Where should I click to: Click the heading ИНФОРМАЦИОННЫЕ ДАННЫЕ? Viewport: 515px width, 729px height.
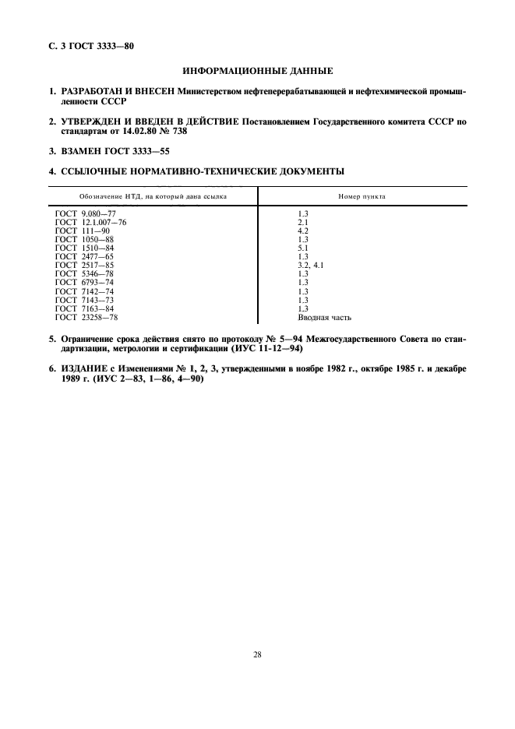257,72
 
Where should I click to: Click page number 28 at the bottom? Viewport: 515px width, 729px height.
257,654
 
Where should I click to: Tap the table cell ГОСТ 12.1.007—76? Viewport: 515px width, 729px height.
91,222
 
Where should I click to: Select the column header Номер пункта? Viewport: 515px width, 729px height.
362,196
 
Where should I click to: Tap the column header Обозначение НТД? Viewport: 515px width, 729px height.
153,196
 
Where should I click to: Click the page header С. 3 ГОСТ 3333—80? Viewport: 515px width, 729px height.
93,46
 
